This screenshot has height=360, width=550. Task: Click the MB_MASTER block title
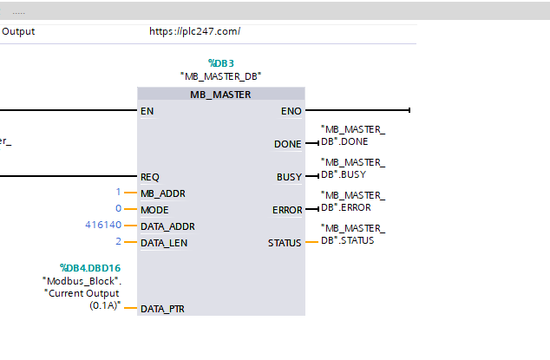point(220,95)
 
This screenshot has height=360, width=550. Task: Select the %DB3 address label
point(221,63)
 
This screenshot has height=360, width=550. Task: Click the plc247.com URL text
point(195,31)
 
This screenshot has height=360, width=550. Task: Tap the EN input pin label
point(147,111)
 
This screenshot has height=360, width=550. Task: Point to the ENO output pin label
point(291,111)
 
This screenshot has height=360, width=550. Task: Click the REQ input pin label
point(150,177)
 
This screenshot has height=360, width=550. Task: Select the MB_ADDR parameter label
point(163,193)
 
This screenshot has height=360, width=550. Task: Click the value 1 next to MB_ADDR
point(118,192)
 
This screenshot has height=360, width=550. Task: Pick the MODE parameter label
point(154,210)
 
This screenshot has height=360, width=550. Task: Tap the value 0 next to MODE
point(119,208)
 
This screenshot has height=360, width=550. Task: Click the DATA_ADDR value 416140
point(103,225)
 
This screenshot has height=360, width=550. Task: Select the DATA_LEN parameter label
point(164,243)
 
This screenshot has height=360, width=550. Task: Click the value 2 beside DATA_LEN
point(119,241)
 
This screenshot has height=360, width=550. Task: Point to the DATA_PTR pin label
point(162,309)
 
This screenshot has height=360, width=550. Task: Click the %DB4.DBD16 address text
point(90,268)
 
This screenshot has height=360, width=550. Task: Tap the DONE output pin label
point(288,144)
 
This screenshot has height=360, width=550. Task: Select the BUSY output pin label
point(289,177)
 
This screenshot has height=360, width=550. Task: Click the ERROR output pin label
point(287,210)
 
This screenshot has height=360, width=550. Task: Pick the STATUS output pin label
point(285,243)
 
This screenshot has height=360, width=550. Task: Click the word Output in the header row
point(18,31)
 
